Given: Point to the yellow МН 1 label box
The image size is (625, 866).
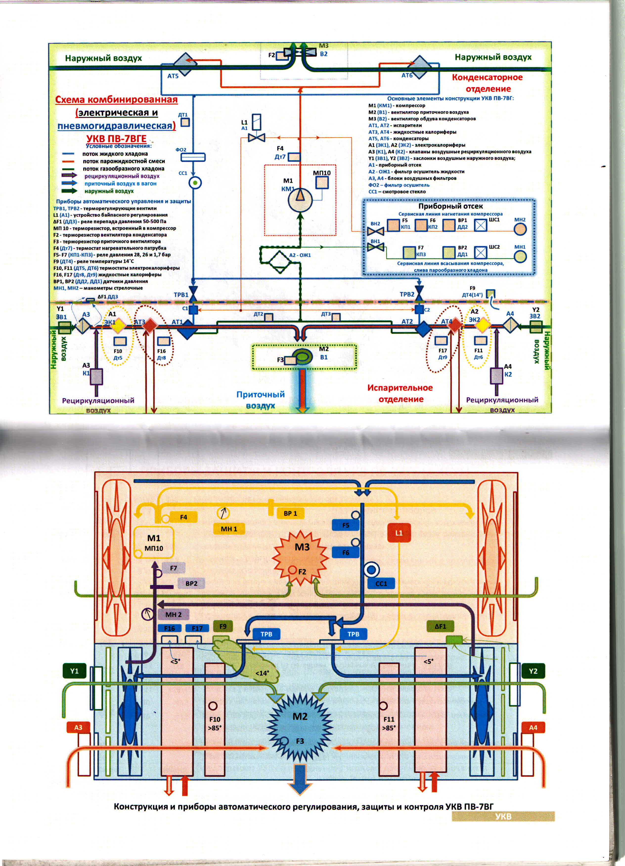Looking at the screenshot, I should click(x=229, y=529).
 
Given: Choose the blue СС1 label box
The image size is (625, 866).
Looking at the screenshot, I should click(x=381, y=584).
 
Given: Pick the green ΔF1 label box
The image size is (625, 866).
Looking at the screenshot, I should click(x=440, y=626).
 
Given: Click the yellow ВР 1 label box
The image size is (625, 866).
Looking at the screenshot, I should click(x=290, y=514).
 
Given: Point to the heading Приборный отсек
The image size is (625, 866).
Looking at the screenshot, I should click(x=450, y=206).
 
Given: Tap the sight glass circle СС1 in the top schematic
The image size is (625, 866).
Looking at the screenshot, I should click(x=195, y=183).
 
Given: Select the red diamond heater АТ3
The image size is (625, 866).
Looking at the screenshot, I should click(x=150, y=325).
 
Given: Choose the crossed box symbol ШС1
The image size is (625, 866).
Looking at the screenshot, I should click(x=481, y=226).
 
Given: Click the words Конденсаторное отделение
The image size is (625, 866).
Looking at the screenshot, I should click(x=487, y=83).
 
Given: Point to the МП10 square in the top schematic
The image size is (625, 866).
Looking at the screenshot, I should click(x=322, y=183).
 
